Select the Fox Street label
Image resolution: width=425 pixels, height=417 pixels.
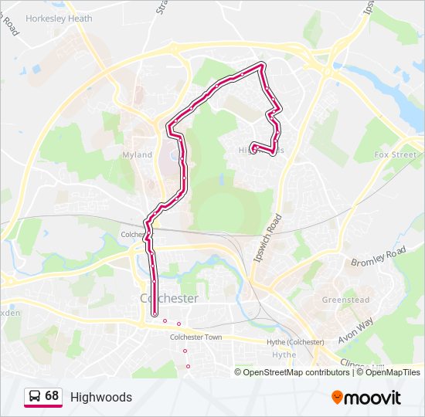[x=395, y=154]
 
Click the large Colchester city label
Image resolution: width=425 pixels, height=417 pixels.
[x=169, y=298]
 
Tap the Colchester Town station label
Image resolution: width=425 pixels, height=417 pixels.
[x=195, y=337]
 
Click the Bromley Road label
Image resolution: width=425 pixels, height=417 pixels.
[x=379, y=258]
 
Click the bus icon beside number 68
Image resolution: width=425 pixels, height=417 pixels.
[x=35, y=397]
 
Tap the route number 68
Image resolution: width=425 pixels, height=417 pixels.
[x=52, y=396]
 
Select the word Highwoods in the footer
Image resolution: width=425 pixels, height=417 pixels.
[x=101, y=398]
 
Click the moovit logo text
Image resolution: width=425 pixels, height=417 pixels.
[x=372, y=398]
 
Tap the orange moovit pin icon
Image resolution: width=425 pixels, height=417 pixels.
[x=337, y=398]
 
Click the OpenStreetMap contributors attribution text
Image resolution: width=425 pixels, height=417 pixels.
[x=297, y=372]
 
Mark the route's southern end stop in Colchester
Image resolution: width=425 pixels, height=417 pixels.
[x=155, y=313]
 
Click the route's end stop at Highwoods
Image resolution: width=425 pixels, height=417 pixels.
[x=254, y=150]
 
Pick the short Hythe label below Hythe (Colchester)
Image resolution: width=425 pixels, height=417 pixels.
[x=284, y=354]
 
